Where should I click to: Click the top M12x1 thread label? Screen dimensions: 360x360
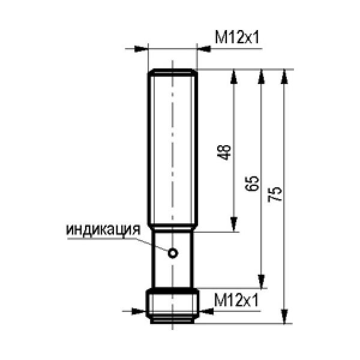237,37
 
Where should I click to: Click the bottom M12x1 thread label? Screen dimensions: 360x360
236,300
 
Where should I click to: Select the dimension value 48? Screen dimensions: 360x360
224,152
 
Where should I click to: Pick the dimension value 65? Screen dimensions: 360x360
252,184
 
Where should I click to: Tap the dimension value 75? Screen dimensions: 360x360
275,194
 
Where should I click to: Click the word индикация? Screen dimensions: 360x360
103,230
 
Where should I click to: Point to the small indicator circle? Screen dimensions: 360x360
173,253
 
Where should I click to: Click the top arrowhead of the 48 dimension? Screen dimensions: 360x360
234,76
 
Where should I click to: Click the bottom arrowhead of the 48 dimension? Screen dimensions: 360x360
234,224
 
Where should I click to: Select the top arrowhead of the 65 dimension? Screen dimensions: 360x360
261,76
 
